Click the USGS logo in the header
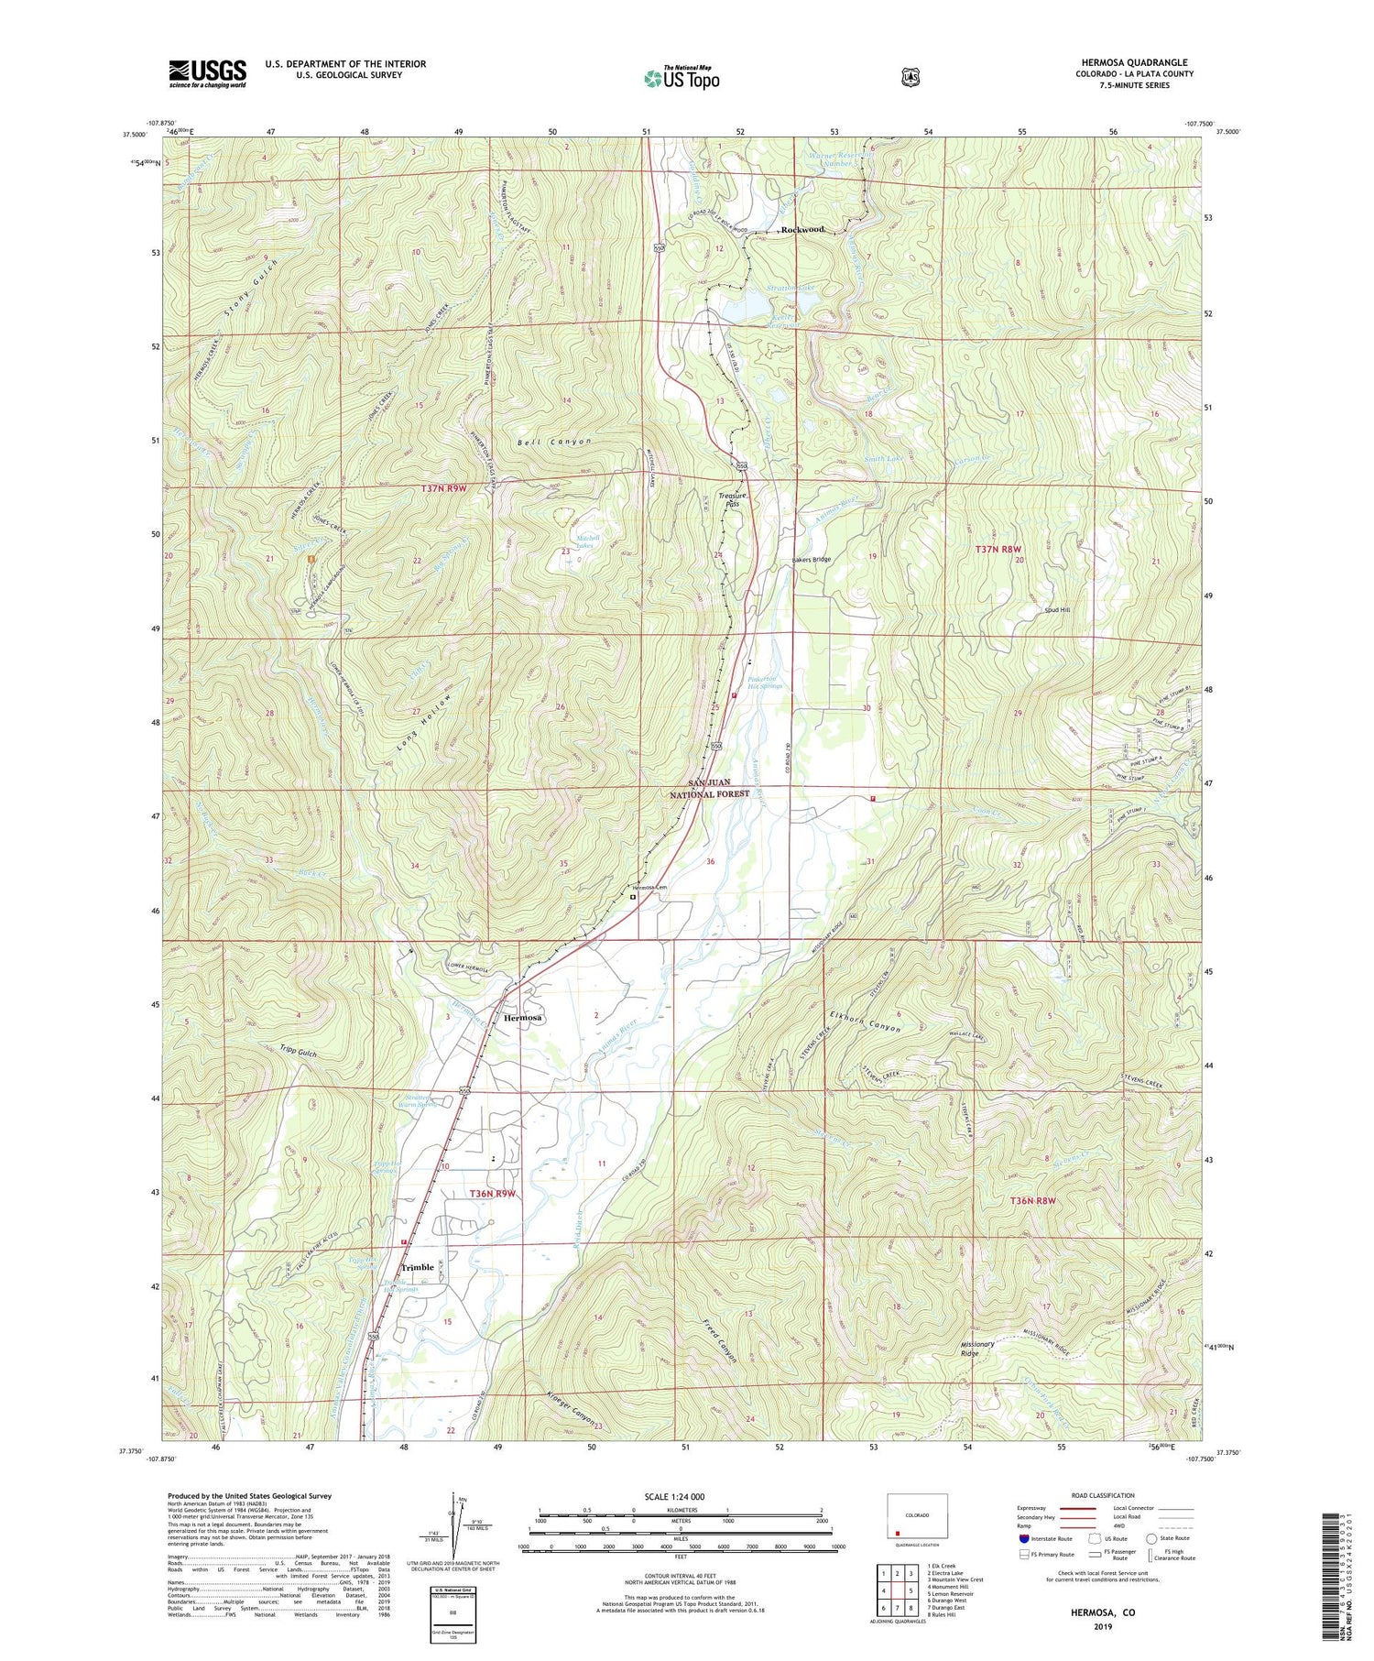coord(207,73)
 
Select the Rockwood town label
coord(802,229)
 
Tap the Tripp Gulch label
coord(295,1055)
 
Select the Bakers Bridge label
coord(810,559)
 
